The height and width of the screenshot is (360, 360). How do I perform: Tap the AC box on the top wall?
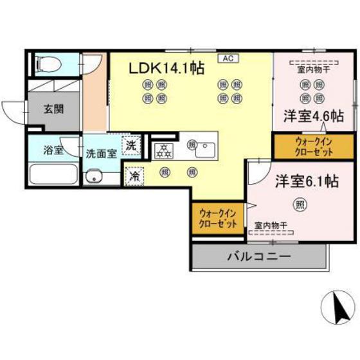[228, 58]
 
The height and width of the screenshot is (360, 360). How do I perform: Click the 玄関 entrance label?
[53, 109]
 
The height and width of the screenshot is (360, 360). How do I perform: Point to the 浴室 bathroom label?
[53, 151]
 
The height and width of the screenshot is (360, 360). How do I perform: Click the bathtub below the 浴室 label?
[54, 174]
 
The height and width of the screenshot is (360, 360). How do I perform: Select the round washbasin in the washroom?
[96, 175]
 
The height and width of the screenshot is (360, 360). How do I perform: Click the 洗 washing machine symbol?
[131, 146]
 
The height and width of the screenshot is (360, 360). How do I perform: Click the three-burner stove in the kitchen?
[163, 150]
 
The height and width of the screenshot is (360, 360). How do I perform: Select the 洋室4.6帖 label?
[313, 116]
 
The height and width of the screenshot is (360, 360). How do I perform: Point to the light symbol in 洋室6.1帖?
[300, 204]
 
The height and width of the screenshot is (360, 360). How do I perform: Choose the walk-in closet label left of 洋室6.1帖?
[219, 217]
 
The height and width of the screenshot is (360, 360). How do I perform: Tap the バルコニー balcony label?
[258, 256]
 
